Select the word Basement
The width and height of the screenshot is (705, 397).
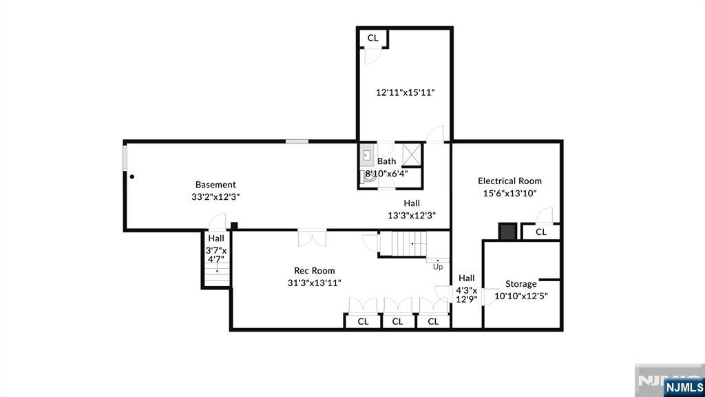215,185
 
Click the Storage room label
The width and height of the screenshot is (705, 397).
520,284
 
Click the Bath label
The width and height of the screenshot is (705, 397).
386,161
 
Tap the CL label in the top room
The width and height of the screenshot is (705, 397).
372,38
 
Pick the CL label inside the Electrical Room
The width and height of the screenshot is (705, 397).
540,232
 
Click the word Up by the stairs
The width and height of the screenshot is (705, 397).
438,267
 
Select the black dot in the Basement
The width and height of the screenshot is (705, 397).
132,176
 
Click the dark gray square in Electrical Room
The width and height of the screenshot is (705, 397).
507,231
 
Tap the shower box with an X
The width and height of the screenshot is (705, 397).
412,153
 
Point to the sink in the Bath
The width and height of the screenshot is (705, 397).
367,156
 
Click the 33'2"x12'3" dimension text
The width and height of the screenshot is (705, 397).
215,196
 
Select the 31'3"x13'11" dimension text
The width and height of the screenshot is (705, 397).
314,283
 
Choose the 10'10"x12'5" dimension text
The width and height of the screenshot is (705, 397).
521,296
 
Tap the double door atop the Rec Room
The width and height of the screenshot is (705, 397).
313,238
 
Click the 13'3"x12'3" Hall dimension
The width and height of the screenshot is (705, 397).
412,215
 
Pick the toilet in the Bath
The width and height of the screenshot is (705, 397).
366,175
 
